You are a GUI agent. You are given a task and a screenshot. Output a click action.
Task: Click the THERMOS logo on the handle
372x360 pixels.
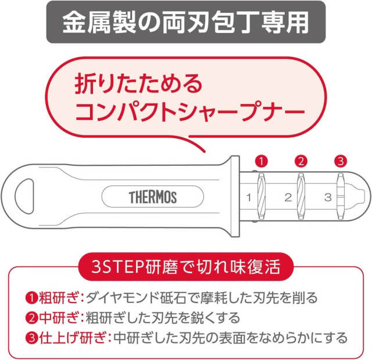[153, 197]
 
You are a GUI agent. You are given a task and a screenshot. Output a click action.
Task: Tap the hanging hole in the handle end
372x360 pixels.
[24, 196]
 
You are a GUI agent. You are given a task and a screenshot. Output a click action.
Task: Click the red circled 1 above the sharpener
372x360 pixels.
[262, 162]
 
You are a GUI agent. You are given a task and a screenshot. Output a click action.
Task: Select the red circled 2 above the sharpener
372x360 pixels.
[301, 162]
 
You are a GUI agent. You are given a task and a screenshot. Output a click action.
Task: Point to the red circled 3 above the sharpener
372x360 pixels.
[341, 162]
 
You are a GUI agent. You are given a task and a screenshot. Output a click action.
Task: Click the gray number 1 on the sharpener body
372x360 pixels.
[249, 197]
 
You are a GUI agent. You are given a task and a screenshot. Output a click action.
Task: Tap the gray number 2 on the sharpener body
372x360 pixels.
[288, 197]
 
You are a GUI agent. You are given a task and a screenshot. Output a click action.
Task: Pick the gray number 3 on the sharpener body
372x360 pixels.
[328, 197]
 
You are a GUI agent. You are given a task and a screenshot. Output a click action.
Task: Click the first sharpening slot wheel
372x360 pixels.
[261, 196]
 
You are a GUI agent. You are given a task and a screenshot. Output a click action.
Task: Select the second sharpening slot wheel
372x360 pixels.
[301, 196]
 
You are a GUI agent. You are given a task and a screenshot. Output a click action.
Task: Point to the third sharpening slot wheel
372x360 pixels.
[341, 196]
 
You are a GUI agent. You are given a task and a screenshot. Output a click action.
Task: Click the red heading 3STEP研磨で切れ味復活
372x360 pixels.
[186, 267]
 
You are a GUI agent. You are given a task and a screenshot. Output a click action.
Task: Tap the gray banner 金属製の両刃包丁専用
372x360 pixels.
[186, 22]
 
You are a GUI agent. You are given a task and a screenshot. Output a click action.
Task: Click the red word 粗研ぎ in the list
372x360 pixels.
[58, 298]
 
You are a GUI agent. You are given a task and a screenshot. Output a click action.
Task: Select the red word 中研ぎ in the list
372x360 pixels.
[58, 318]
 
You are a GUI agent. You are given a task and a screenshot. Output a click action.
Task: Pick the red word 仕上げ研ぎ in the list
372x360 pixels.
[72, 338]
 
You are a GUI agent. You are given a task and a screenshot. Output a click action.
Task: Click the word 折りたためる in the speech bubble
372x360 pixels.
[138, 84]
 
